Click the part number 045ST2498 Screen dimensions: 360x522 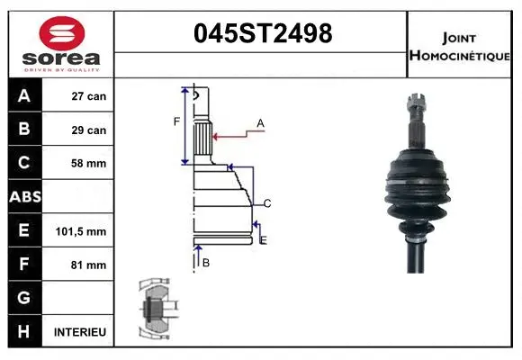click(x=263, y=34)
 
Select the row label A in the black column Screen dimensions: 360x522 click(x=23, y=95)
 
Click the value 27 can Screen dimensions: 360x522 click(x=89, y=96)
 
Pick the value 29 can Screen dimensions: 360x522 click(x=89, y=130)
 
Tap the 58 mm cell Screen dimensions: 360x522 click(x=89, y=164)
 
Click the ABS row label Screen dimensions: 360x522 click(x=23, y=197)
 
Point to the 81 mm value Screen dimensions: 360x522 click(x=89, y=265)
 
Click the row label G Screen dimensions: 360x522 click(x=23, y=298)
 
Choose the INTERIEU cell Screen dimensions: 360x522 click(x=80, y=332)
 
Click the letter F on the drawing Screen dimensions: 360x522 click(x=176, y=121)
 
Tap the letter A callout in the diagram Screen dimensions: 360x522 click(x=260, y=122)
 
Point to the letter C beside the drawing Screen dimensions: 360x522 click(x=267, y=202)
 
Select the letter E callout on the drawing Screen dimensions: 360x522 click(x=263, y=239)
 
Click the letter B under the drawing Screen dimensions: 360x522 click(x=206, y=262)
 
